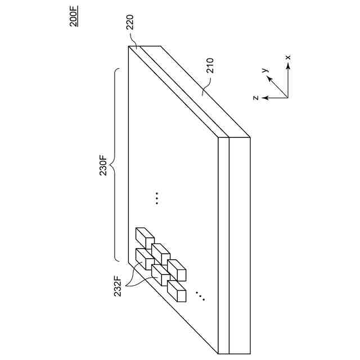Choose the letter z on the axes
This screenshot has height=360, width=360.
click(255, 98)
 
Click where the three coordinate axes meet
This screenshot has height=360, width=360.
click(287, 98)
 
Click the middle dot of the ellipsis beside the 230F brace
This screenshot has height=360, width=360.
click(157, 197)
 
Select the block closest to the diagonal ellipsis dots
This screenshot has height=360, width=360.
click(176, 290)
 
